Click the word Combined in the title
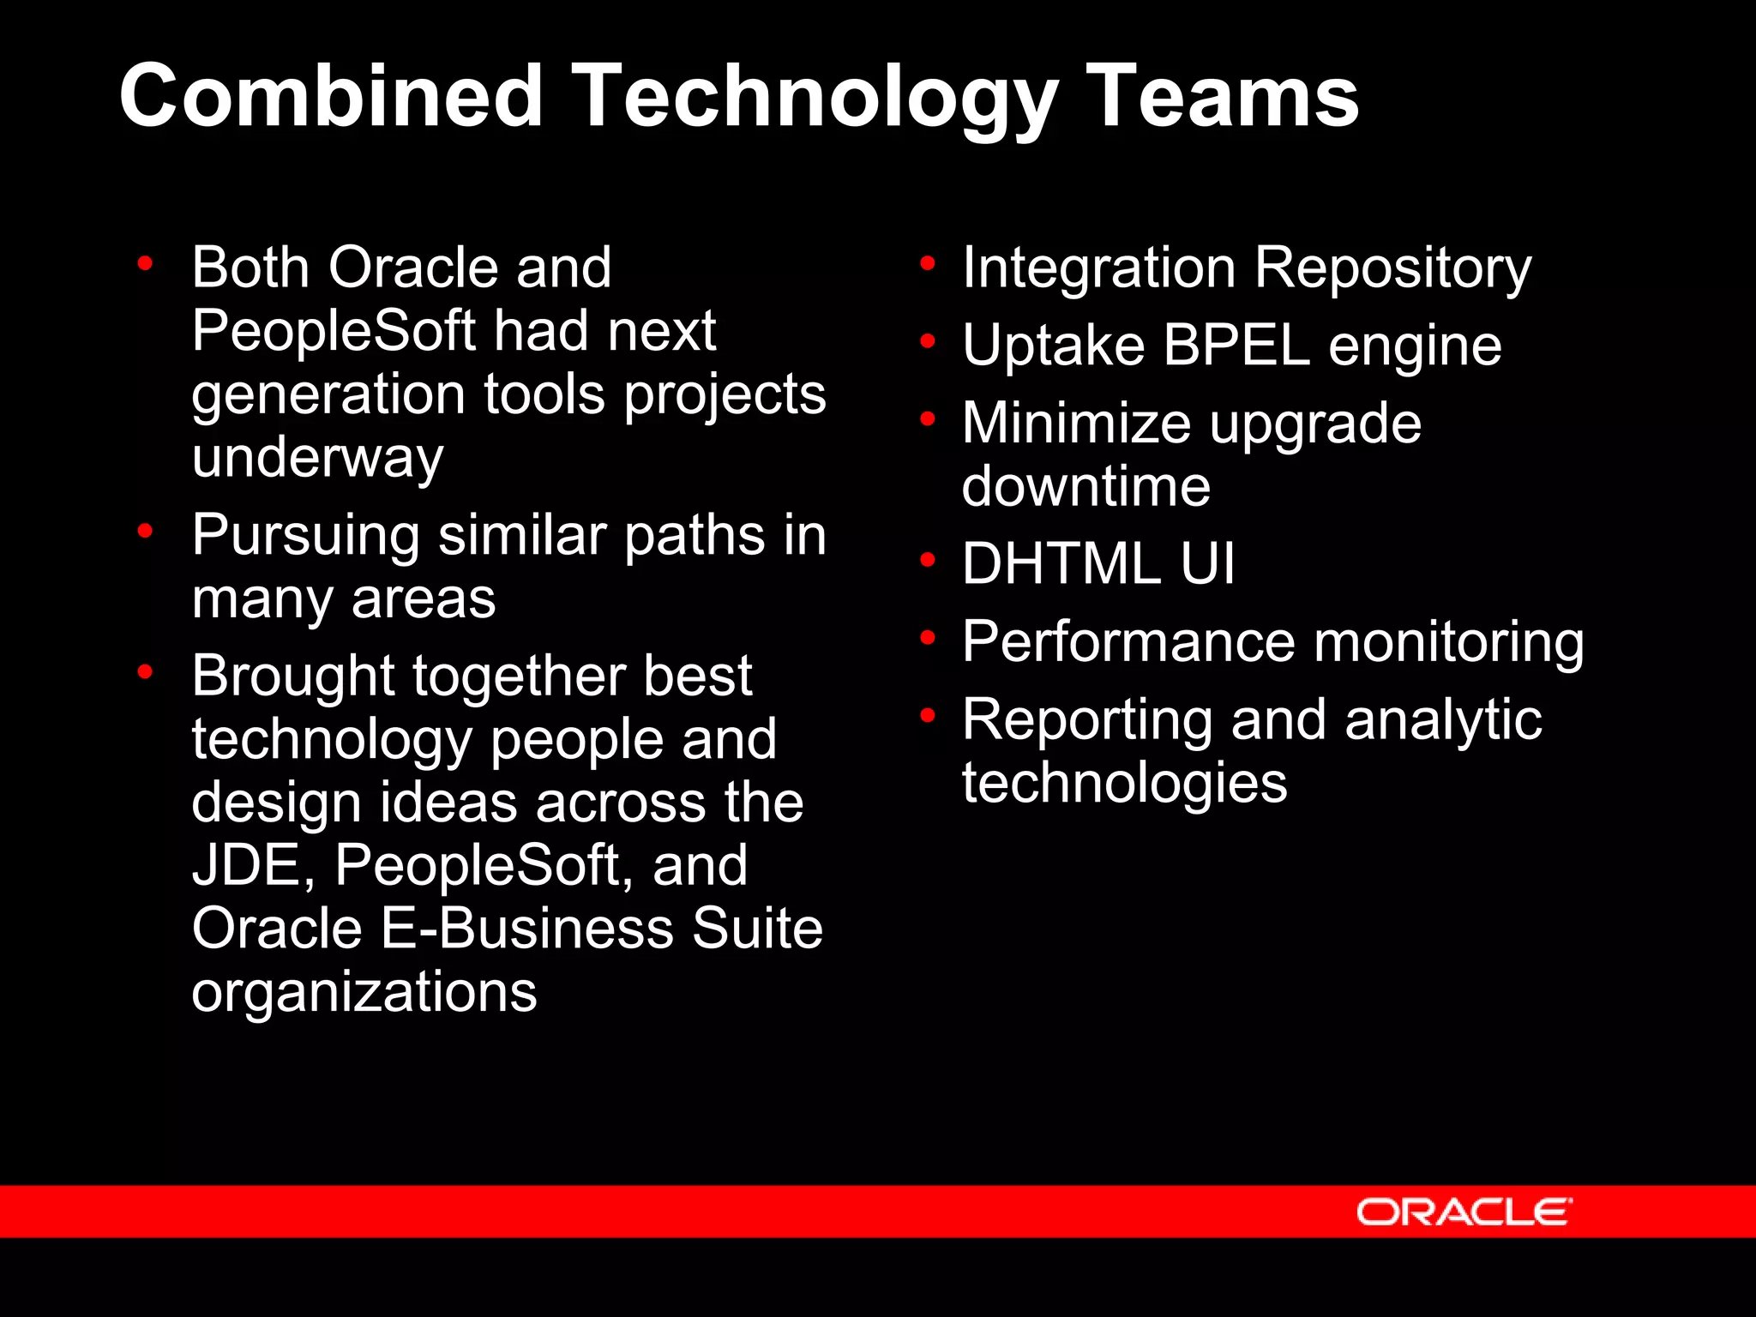tap(331, 96)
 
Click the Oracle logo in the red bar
tap(1464, 1212)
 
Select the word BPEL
tap(1236, 346)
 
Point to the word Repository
tap(1392, 268)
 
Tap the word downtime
tap(1085, 486)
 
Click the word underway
tap(317, 458)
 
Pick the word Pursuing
tap(305, 536)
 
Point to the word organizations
tap(364, 992)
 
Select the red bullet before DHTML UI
tap(927, 560)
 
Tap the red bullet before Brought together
tap(145, 671)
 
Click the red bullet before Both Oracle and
tap(145, 263)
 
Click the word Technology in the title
tap(814, 96)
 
